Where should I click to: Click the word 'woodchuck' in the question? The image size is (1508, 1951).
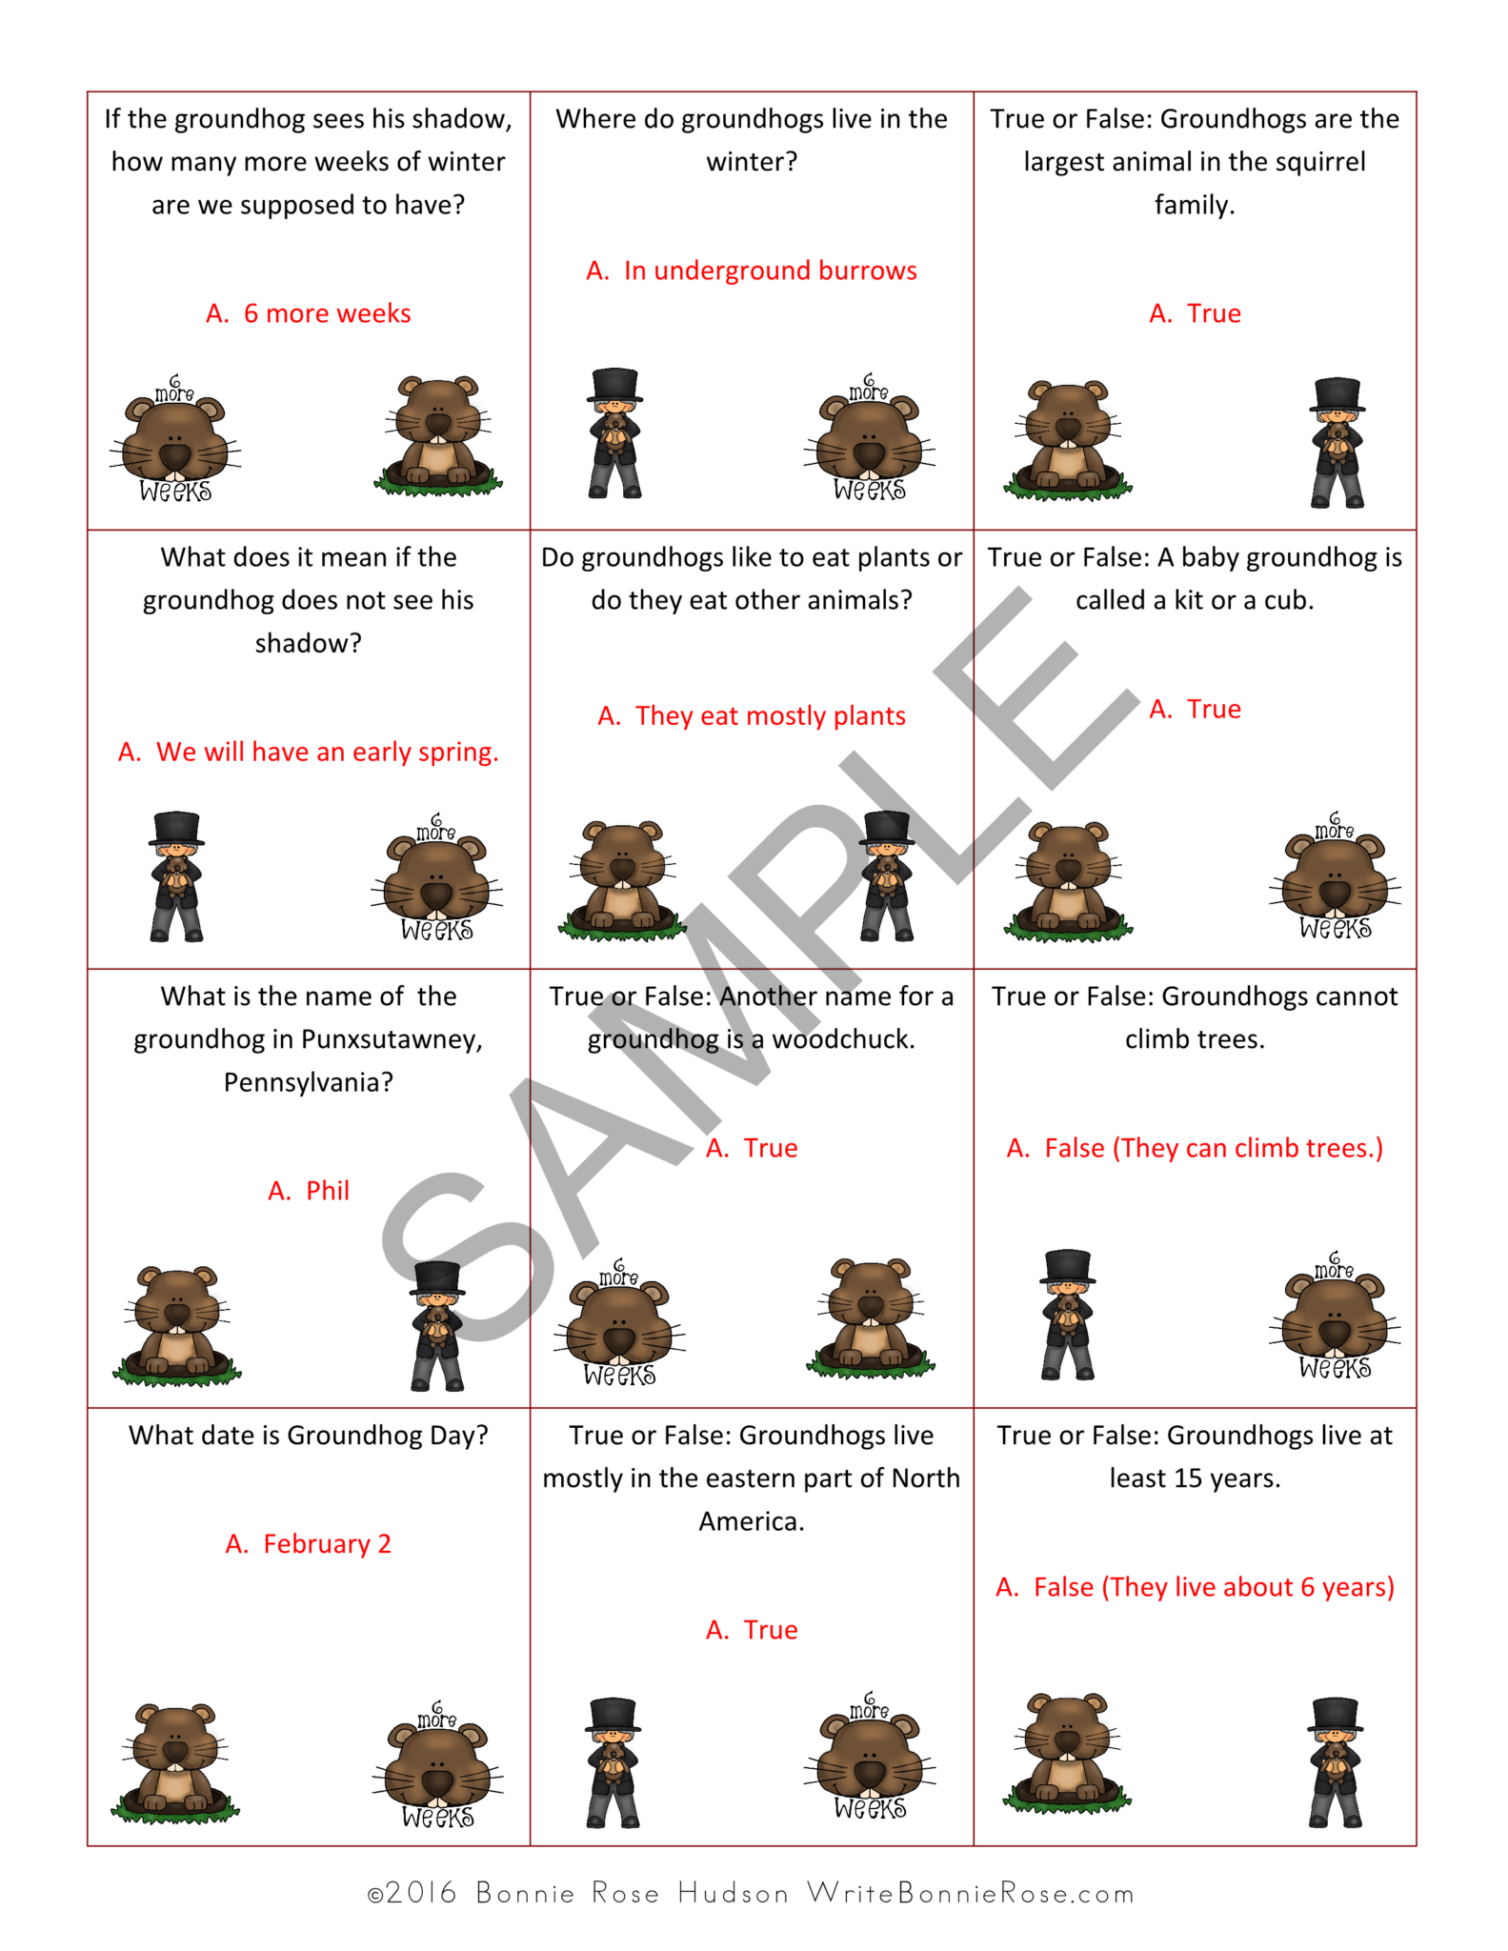[841, 1039]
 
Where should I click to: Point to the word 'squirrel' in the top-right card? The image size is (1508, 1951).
[1316, 162]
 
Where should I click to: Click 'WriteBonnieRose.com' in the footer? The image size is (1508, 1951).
[971, 1893]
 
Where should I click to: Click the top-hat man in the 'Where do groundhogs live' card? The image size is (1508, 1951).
[614, 433]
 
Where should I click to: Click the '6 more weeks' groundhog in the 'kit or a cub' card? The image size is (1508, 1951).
[1335, 877]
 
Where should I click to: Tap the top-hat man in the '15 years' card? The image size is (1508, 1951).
[1336, 1762]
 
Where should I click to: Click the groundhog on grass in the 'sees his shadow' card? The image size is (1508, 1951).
[438, 436]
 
